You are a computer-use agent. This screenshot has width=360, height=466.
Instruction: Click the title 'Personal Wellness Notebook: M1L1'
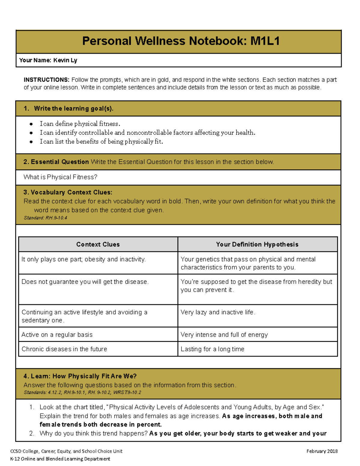pos(181,41)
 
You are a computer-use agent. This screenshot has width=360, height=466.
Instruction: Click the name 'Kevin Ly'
pos(65,60)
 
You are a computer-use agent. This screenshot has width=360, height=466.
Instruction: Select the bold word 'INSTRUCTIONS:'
pos(46,80)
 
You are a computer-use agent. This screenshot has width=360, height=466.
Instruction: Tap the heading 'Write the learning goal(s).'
pos(73,109)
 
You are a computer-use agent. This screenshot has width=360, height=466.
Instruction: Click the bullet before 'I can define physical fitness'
pos(31,124)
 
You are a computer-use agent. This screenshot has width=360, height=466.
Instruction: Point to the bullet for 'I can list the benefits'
pos(31,142)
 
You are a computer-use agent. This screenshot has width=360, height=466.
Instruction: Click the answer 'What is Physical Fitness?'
pos(60,177)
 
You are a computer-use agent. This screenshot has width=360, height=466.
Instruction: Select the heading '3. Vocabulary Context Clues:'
pos(68,192)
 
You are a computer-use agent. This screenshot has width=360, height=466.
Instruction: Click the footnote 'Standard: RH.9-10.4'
pos(45,218)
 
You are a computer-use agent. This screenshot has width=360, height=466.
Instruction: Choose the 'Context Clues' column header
pos(98,245)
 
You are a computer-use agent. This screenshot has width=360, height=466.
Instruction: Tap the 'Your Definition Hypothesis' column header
pos(257,245)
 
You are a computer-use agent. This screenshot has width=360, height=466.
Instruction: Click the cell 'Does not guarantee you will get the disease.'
pos(85,282)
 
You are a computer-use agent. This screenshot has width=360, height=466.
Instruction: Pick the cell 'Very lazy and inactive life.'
pos(218,312)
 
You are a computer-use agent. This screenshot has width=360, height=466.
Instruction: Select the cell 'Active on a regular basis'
pos(57,335)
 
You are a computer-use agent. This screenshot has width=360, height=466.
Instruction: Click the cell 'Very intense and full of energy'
pos(224,335)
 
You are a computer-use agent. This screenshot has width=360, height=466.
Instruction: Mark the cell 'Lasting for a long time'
pos(212,349)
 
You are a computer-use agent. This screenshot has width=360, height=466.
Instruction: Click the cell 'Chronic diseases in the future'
pos(64,349)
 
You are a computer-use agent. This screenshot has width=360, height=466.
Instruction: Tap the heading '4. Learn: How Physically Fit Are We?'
pos(80,376)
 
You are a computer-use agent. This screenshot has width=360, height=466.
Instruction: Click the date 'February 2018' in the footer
pos(322,451)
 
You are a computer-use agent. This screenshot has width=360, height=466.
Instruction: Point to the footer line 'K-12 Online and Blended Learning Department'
pos(60,459)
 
